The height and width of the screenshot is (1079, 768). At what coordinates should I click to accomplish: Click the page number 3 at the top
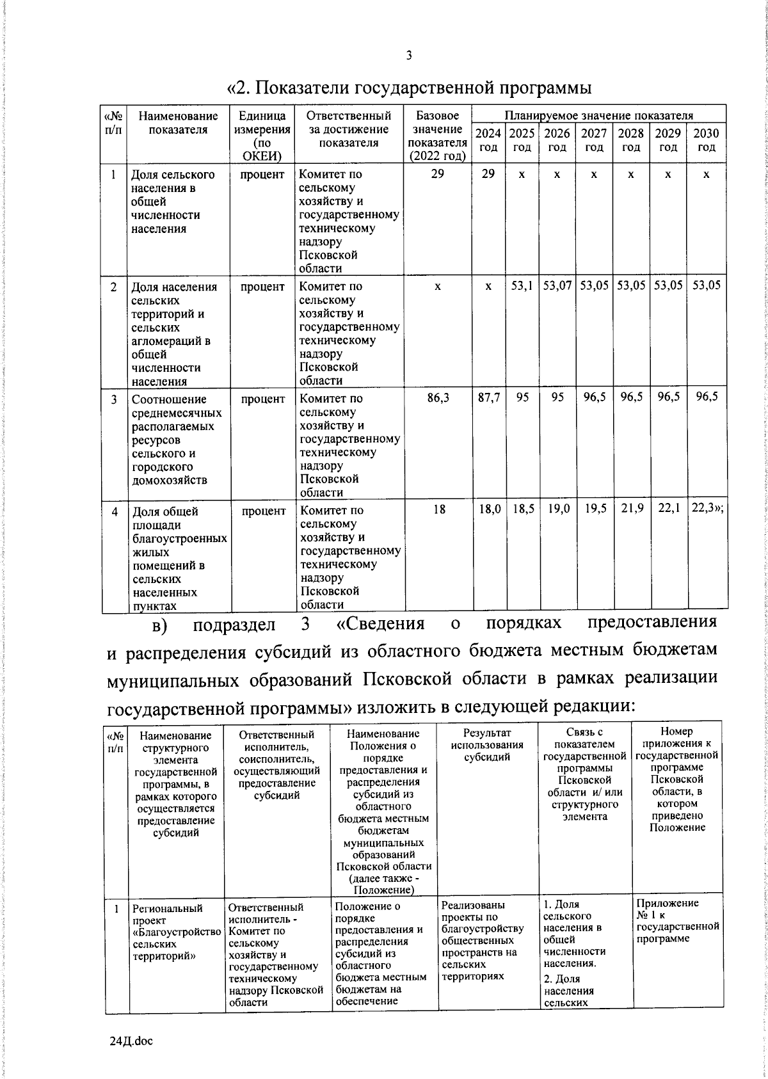409,56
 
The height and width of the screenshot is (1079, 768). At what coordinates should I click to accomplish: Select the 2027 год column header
594,140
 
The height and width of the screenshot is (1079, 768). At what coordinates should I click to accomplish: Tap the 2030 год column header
706,140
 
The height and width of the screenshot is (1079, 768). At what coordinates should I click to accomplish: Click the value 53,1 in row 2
522,285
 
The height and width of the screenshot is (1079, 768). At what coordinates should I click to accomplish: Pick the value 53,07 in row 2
557,285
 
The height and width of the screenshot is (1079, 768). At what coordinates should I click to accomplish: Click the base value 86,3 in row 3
438,397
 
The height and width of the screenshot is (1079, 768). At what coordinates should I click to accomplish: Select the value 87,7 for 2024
489,397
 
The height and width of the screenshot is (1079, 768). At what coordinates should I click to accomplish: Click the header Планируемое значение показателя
598,116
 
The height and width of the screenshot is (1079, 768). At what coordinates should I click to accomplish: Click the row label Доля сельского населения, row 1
173,202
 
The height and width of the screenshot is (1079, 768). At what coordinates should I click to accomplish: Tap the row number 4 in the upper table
115,511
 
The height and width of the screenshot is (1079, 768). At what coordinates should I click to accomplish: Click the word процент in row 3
262,399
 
